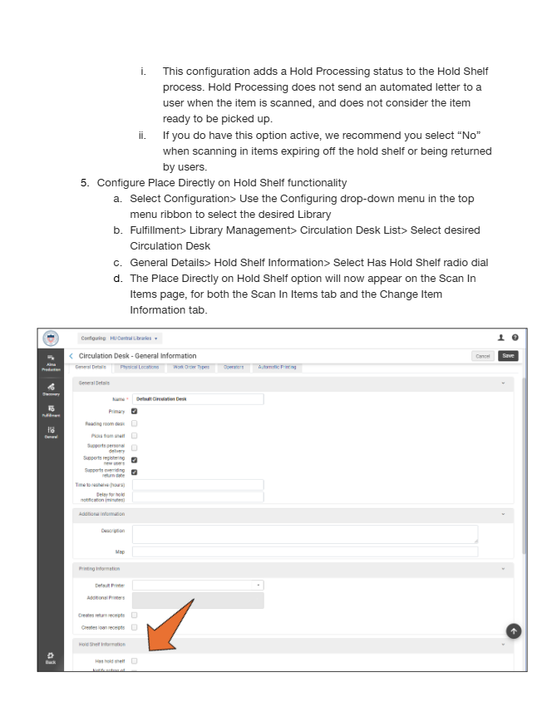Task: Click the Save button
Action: coord(509,356)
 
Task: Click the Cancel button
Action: coord(483,356)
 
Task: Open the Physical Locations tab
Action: coord(140,367)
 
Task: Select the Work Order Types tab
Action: coord(191,367)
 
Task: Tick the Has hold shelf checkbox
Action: coord(135,660)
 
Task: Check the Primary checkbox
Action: coord(135,411)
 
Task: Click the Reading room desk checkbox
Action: coord(135,423)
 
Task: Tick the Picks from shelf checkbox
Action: coord(135,435)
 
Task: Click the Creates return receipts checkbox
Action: coord(135,615)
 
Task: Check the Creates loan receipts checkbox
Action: coord(135,627)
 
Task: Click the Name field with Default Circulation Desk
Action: coord(198,399)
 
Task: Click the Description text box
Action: coord(304,534)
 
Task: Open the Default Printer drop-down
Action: coord(198,586)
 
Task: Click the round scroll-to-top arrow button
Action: coord(514,632)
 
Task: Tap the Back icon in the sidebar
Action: coord(51,657)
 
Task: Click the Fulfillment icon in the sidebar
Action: coord(51,411)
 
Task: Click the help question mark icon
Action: coord(515,338)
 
